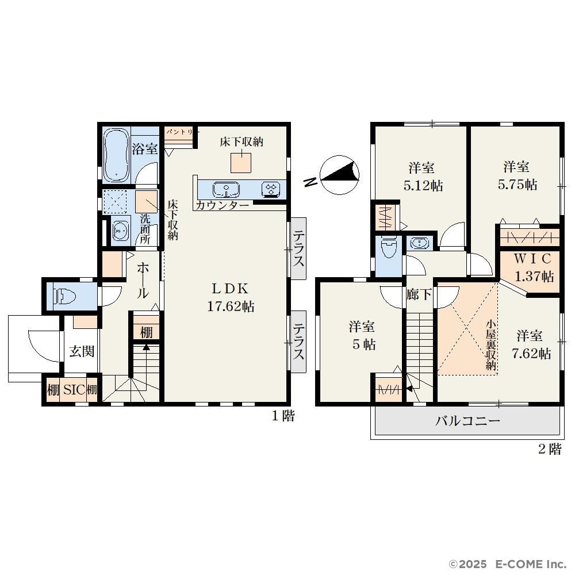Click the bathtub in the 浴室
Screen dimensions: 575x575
[116, 155]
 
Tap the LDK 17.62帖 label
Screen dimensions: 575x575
[231, 297]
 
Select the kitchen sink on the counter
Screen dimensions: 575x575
[226, 189]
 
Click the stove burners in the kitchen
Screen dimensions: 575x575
[272, 189]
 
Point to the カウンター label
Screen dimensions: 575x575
[222, 205]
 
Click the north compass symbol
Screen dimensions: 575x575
[339, 175]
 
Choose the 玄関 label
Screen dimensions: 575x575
[82, 351]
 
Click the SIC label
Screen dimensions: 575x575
[74, 390]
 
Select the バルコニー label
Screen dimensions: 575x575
[467, 421]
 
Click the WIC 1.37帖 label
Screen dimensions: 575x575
[533, 267]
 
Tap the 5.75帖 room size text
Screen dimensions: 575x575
[517, 185]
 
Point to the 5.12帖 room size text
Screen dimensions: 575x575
[423, 186]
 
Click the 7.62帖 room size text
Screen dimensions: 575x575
[531, 354]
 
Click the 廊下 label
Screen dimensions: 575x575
[419, 294]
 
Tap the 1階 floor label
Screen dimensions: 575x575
[283, 416]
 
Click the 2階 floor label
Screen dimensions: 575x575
[550, 449]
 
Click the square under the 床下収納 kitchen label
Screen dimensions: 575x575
[241, 163]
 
